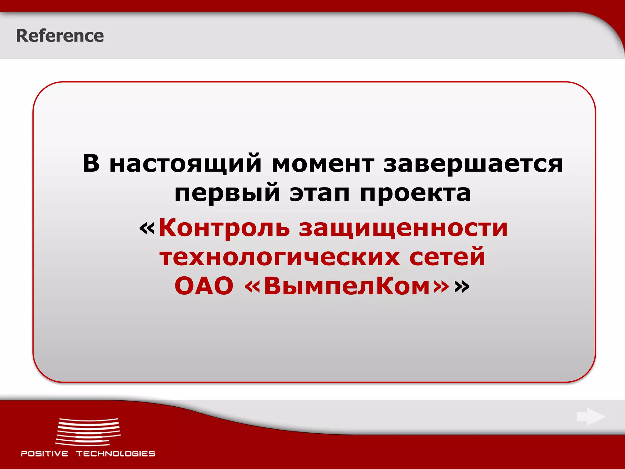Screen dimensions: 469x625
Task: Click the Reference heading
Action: (x=60, y=36)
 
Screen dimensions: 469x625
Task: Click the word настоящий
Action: (x=185, y=164)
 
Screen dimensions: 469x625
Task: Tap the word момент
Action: (x=323, y=164)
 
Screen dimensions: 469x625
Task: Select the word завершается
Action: (x=473, y=164)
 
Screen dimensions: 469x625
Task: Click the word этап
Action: (x=320, y=193)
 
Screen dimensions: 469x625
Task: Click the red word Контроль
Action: (x=224, y=228)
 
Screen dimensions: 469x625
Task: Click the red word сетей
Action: (x=447, y=256)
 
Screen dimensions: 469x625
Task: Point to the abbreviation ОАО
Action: (x=204, y=286)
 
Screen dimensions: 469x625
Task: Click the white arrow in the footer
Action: (x=591, y=417)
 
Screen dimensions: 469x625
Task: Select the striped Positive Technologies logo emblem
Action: (x=88, y=432)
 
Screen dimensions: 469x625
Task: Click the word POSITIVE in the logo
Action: (x=45, y=454)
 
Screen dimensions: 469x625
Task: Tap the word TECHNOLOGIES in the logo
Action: (x=116, y=454)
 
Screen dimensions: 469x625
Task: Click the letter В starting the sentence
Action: (x=91, y=163)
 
